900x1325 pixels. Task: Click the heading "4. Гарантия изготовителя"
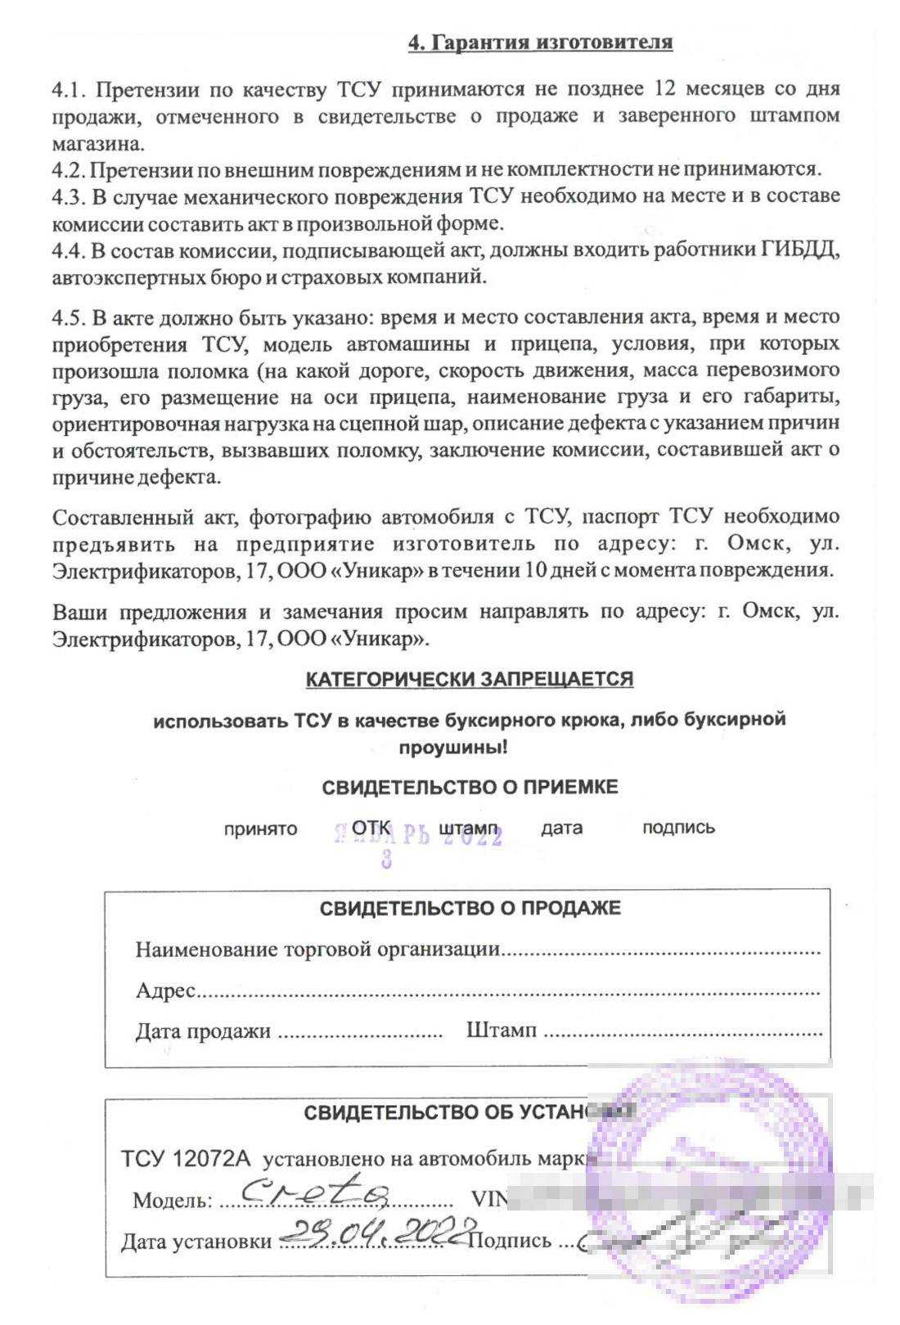540,43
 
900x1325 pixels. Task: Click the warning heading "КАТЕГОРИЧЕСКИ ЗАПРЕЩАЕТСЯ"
469,679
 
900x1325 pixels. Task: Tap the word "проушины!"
453,747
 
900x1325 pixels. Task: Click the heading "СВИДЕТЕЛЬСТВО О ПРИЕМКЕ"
470,787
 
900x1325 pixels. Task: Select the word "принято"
260,829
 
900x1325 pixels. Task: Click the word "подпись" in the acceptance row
678,827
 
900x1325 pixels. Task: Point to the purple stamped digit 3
386,860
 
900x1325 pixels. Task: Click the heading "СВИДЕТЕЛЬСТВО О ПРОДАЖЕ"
470,908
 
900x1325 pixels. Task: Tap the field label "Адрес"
165,990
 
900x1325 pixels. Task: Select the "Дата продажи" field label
203,1031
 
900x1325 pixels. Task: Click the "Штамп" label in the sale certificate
501,1030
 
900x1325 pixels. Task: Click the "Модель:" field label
172,1201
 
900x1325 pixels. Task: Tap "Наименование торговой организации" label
317,950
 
